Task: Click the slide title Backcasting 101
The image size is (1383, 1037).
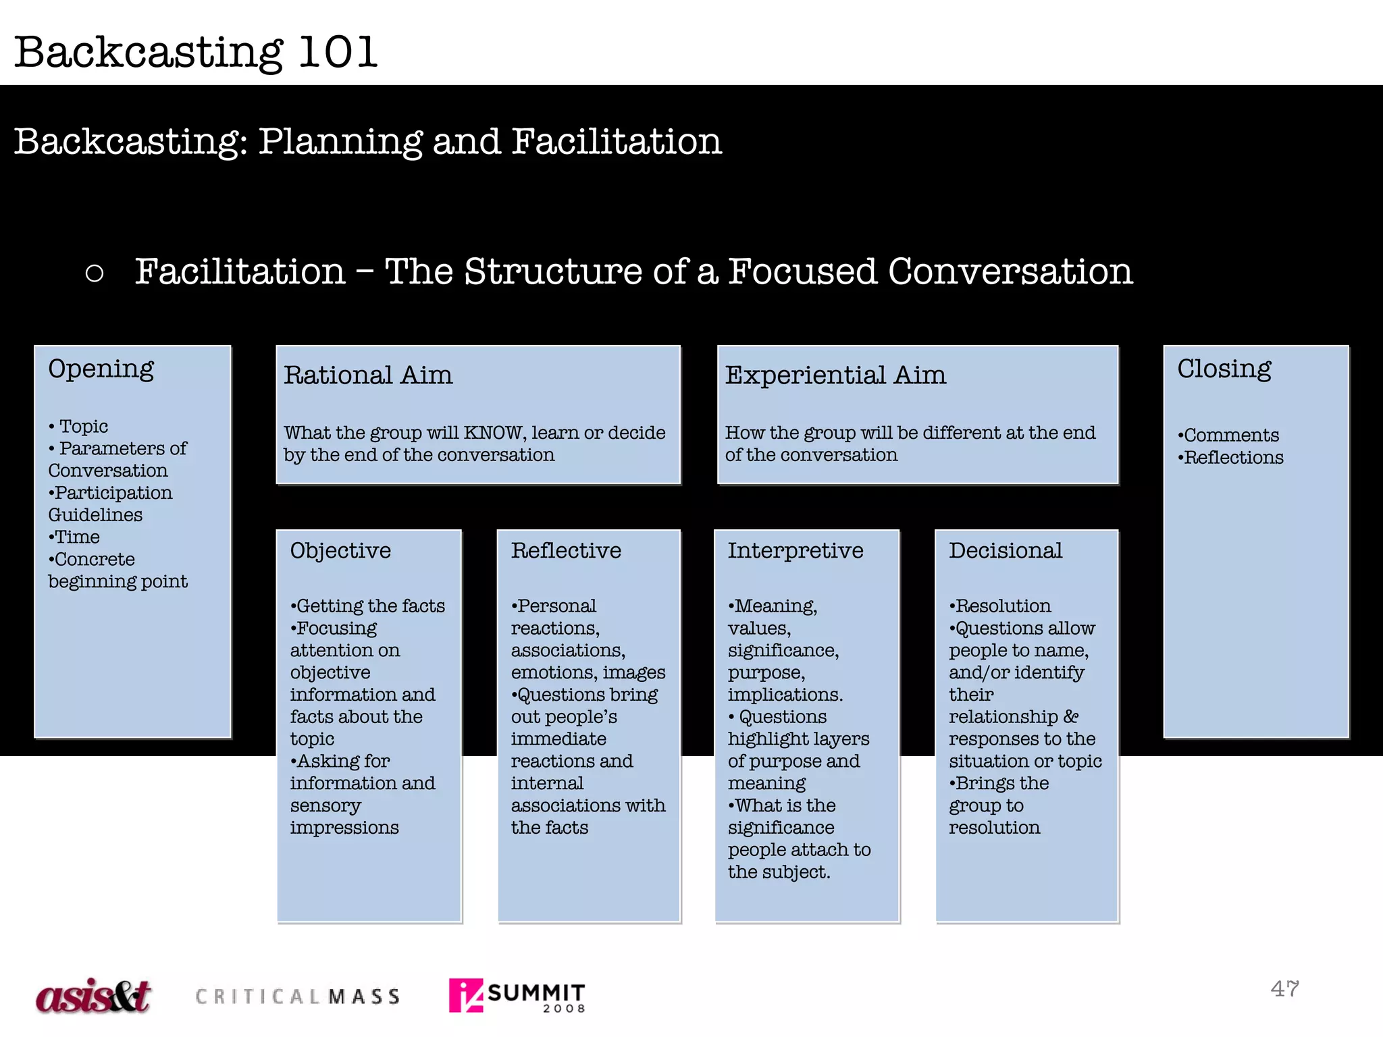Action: click(196, 52)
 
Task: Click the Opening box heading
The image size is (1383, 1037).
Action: click(101, 369)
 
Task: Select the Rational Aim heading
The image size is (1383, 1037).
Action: click(368, 375)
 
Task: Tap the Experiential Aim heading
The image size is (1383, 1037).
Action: click(835, 375)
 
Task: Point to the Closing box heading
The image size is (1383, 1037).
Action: click(1224, 369)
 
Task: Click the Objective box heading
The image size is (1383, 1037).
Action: click(340, 551)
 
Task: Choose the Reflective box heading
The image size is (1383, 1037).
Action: click(566, 551)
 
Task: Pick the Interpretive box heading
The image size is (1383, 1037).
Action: click(795, 551)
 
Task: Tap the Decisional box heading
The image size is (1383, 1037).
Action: click(1005, 551)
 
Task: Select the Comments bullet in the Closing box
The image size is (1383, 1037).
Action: click(1230, 435)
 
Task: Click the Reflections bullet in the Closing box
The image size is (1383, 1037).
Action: click(1232, 458)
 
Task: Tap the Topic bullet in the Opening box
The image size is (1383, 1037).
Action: click(82, 427)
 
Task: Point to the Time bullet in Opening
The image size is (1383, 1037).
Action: click(76, 537)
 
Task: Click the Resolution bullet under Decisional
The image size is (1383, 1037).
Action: click(1001, 606)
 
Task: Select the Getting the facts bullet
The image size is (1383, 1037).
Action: click(369, 606)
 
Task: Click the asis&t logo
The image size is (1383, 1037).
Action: click(93, 996)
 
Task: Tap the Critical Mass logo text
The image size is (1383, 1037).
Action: click(298, 996)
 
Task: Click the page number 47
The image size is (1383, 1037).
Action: click(1284, 989)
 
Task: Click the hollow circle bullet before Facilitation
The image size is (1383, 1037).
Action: click(95, 273)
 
